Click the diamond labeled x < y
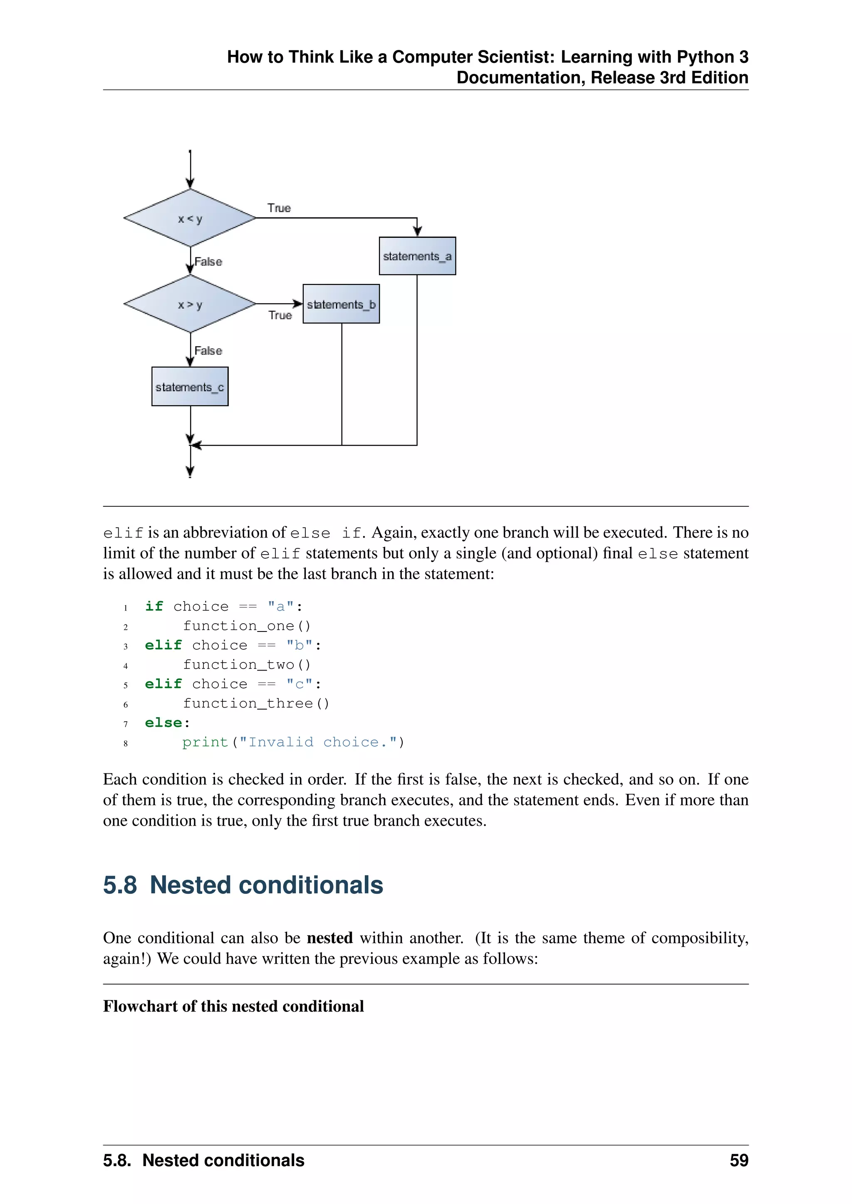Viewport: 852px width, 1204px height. click(x=190, y=218)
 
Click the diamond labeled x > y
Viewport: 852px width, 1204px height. click(x=190, y=304)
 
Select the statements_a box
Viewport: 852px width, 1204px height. click(x=417, y=256)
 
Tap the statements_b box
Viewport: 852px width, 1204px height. click(x=341, y=304)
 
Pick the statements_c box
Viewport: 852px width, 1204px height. click(x=190, y=387)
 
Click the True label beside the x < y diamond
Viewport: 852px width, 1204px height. click(x=279, y=208)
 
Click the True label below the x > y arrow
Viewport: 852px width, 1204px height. click(x=280, y=315)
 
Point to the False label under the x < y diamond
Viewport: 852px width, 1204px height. click(x=208, y=262)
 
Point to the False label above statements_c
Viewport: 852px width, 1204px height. click(x=208, y=351)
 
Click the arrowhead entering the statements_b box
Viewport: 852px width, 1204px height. click(x=298, y=303)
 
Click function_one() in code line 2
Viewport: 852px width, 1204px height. click(x=247, y=626)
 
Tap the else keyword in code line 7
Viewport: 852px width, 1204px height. click(x=163, y=723)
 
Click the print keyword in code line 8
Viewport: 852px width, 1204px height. click(x=205, y=742)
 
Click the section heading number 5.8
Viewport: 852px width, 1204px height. click(x=120, y=885)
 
